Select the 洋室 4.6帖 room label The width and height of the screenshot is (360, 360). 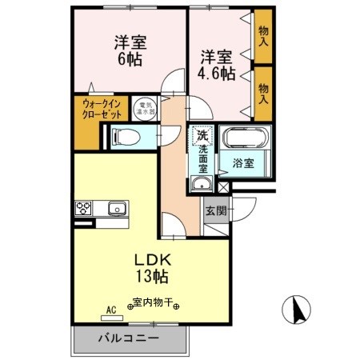coord(217,65)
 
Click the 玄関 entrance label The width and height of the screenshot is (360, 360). coord(215,211)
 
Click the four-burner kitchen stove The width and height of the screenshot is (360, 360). coord(84,209)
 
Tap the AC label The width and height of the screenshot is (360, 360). coord(110,307)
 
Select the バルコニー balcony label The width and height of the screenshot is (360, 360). coord(128,338)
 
